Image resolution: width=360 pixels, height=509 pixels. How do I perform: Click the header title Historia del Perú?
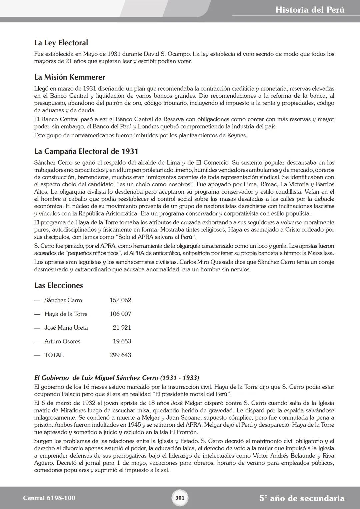(310, 10)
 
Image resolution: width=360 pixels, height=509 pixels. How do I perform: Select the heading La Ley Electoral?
(61, 43)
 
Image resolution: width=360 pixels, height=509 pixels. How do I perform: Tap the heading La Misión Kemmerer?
(70, 77)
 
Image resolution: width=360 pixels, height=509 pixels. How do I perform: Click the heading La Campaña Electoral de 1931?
(86, 151)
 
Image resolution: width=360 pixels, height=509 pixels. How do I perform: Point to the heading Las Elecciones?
(58, 285)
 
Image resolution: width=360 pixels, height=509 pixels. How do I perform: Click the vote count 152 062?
(120, 300)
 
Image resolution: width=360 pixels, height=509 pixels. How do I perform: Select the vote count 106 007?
(120, 314)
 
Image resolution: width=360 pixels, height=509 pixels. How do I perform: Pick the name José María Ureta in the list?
(66, 328)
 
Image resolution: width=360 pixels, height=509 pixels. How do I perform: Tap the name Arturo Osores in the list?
(62, 341)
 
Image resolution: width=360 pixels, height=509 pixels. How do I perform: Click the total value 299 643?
(120, 355)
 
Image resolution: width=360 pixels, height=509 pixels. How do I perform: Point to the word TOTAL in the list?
(54, 355)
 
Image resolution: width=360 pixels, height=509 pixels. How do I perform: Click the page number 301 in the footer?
(180, 498)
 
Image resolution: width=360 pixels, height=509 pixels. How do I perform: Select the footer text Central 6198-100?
(49, 498)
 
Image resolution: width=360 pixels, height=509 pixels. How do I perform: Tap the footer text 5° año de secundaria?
(302, 498)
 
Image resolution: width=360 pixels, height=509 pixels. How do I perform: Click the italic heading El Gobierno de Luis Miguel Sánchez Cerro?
(117, 378)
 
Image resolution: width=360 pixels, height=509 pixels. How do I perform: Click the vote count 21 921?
(122, 328)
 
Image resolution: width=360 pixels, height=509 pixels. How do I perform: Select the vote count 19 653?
(122, 341)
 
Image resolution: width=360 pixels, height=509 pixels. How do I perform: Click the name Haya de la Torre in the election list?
(66, 314)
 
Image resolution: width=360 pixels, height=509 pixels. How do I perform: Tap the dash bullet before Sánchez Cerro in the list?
(37, 300)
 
